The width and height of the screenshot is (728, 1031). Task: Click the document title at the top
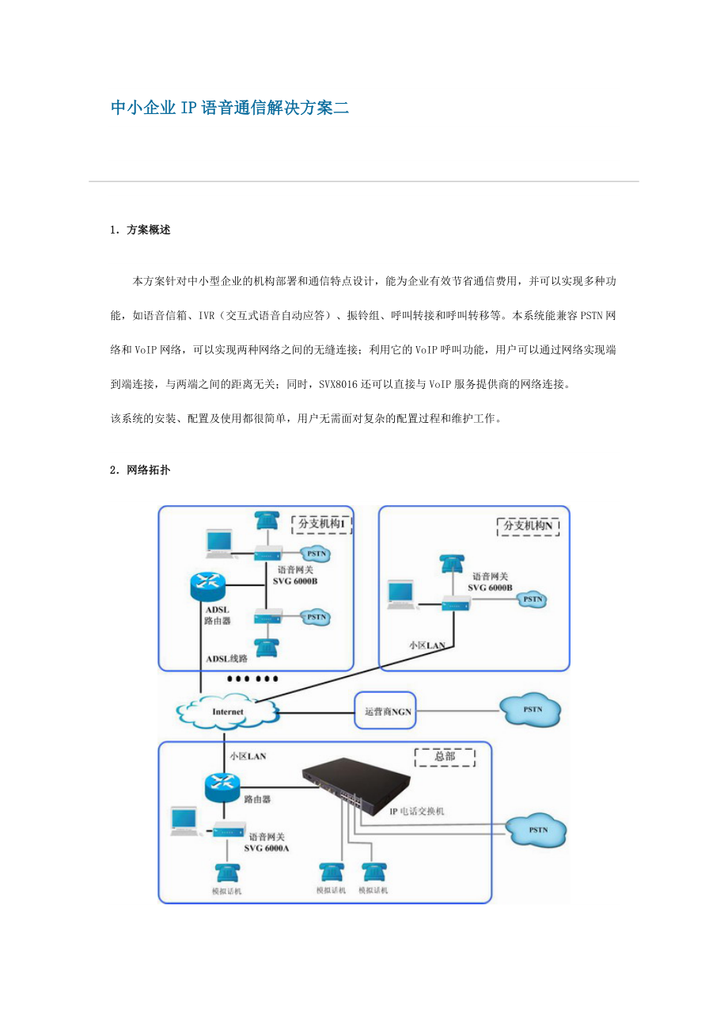[229, 108]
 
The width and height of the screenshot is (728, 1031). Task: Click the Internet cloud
[229, 711]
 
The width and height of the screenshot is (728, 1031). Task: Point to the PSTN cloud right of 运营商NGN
[532, 710]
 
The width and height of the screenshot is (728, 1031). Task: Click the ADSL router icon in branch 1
[208, 585]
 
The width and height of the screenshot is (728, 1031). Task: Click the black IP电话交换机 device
[361, 780]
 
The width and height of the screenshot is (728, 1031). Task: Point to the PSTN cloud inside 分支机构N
[532, 599]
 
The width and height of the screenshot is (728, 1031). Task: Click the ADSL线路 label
[227, 658]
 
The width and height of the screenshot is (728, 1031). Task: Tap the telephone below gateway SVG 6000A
[229, 874]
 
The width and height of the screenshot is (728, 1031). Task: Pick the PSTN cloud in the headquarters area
[537, 831]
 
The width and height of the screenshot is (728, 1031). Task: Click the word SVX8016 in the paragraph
[339, 384]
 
